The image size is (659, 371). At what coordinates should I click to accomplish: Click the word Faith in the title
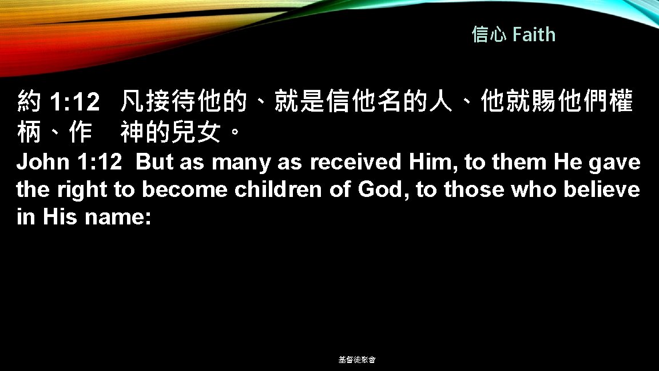(x=534, y=35)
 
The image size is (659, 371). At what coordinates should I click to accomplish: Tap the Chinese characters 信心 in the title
(x=489, y=35)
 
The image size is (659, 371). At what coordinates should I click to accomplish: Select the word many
(x=239, y=163)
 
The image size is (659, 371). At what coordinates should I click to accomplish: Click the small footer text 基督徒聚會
(x=357, y=360)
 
